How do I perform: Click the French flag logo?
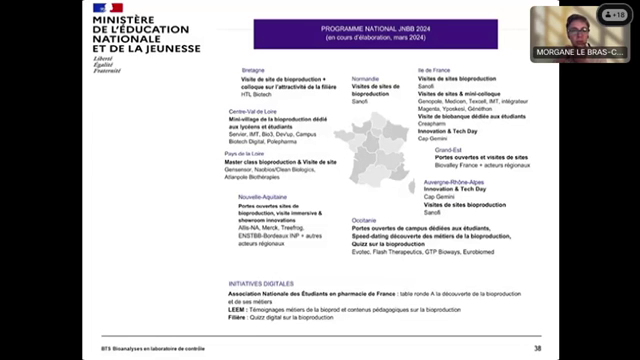point(109,8)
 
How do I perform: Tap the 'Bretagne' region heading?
point(253,70)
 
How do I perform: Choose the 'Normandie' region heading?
point(366,78)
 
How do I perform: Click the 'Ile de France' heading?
point(435,70)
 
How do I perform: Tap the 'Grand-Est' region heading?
point(449,149)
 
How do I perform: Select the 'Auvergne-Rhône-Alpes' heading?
point(455,181)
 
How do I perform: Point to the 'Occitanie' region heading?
point(364,220)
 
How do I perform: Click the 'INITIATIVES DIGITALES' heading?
point(262,283)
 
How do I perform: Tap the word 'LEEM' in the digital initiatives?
point(236,310)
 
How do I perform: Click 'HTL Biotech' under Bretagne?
point(258,94)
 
